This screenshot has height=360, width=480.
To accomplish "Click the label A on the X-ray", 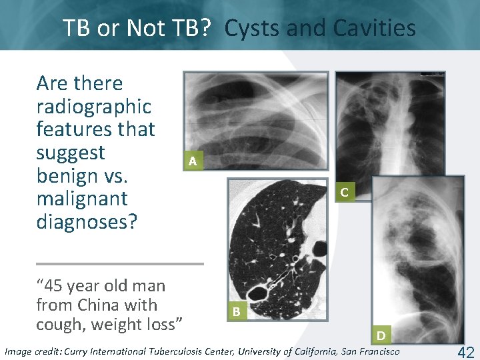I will pyautogui.click(x=192, y=161).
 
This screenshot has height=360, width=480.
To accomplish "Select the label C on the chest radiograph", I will pyautogui.click(x=344, y=192).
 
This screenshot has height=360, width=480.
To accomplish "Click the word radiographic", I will pyautogui.click(x=94, y=106).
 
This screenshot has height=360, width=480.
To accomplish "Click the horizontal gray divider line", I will pyautogui.click(x=119, y=263).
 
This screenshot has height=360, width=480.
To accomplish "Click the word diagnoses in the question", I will pyautogui.click(x=86, y=221).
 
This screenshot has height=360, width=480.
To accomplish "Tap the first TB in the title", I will pyautogui.click(x=79, y=28).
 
